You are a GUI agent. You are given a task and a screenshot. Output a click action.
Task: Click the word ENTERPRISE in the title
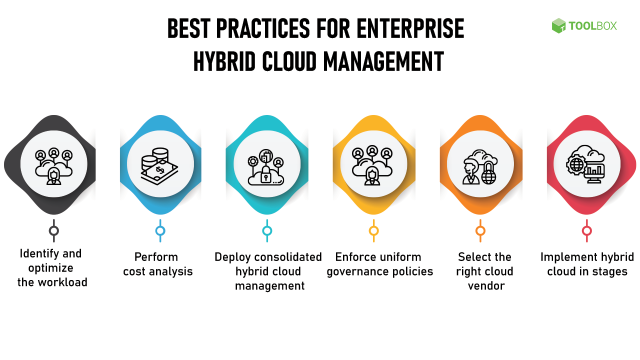pos(410,28)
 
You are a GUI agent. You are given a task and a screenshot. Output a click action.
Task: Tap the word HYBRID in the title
pos(224,61)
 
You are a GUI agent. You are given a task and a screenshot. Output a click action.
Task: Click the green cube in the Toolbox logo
pos(558,25)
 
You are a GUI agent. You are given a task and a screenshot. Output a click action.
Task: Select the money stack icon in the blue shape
pos(159,166)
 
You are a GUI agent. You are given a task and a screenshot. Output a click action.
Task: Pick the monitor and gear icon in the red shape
pos(585,164)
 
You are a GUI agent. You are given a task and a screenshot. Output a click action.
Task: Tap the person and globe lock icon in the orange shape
pos(480,167)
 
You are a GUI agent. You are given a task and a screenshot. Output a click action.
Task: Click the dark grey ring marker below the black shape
pos(53,230)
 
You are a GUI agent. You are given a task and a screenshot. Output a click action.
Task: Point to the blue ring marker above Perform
pos(160,230)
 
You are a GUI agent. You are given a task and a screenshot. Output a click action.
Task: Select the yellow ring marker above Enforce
pos(373,230)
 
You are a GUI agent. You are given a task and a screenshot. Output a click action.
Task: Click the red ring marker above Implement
pos(587,230)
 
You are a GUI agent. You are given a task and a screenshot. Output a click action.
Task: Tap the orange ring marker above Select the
pos(480,230)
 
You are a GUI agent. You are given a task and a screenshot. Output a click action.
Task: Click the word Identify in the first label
pos(39,254)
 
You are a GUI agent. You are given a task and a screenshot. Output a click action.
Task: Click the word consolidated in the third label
pos(288,257)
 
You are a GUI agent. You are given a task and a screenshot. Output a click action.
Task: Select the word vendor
pos(486,285)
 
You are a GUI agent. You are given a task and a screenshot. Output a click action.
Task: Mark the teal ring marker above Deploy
pos(267,230)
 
